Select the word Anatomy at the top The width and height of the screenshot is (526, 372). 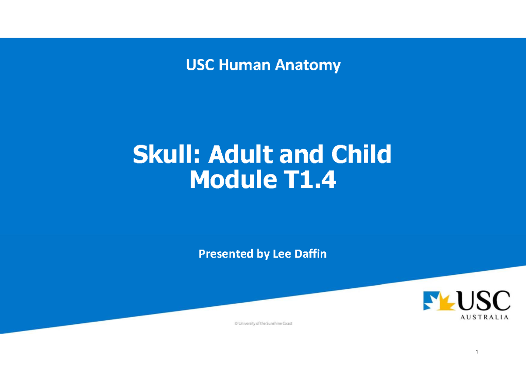coord(308,66)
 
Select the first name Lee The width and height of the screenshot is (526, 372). coord(280,254)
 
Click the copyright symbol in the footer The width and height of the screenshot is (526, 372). coord(236,324)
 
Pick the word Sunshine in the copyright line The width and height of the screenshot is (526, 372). coord(273,324)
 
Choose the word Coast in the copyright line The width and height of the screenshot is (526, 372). coord(287,324)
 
